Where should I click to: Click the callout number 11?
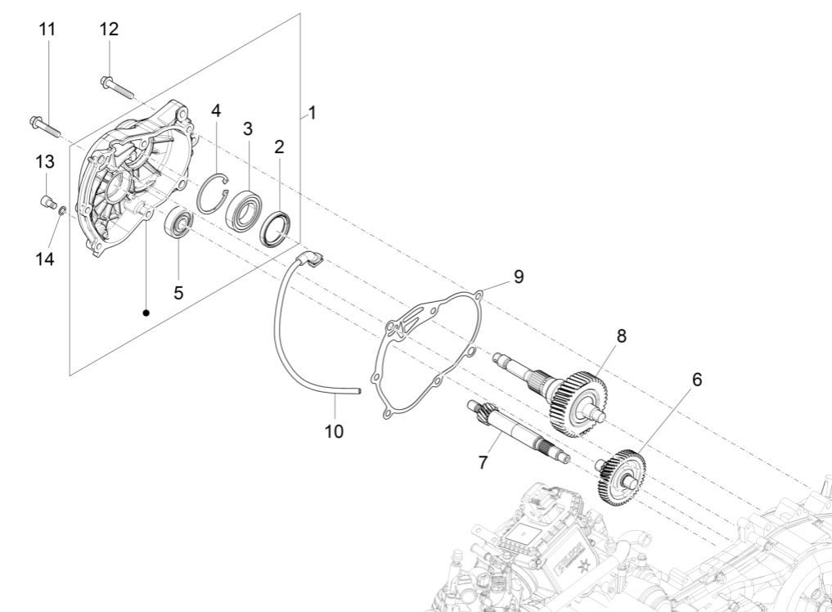point(47,29)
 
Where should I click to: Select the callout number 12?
point(109,29)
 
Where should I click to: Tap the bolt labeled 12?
point(118,86)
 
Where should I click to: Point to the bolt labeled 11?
point(46,126)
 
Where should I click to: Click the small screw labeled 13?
point(47,198)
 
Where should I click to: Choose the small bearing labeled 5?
point(179,223)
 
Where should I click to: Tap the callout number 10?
point(334,430)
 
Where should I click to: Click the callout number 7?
point(483,462)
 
